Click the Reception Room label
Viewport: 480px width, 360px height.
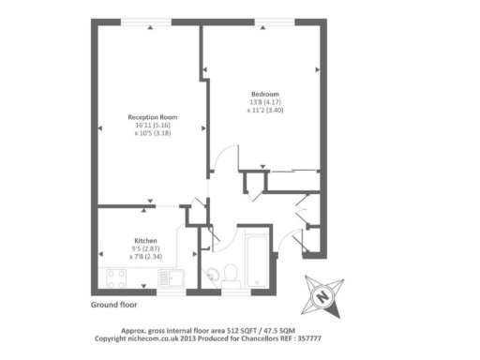[x=152, y=117]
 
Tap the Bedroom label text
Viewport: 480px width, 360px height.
[x=262, y=94]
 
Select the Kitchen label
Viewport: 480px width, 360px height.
[x=144, y=240]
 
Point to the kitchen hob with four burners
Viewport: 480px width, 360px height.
[x=118, y=278]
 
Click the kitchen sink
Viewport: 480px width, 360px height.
[x=172, y=278]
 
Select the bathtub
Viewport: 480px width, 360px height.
[x=255, y=262]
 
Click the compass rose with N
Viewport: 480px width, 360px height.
[x=322, y=297]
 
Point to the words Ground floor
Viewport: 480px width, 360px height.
[x=113, y=306]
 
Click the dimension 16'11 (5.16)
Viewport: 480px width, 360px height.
[x=152, y=125]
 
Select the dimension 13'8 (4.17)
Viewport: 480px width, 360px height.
[x=262, y=101]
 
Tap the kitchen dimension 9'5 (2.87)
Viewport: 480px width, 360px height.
[x=144, y=247]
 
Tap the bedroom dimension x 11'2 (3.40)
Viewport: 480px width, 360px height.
[x=263, y=110]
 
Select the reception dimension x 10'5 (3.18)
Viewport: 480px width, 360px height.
[x=152, y=133]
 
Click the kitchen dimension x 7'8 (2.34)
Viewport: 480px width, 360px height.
[x=144, y=256]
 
